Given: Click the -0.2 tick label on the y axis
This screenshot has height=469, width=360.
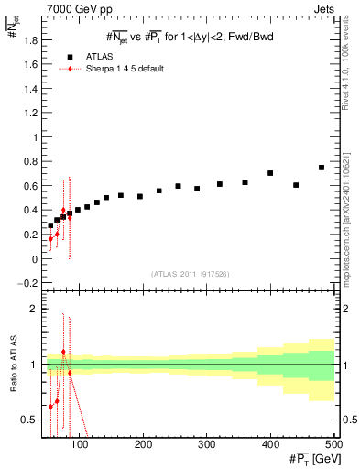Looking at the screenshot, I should click(x=27, y=283).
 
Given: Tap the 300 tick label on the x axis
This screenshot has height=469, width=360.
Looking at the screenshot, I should click(x=206, y=444).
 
